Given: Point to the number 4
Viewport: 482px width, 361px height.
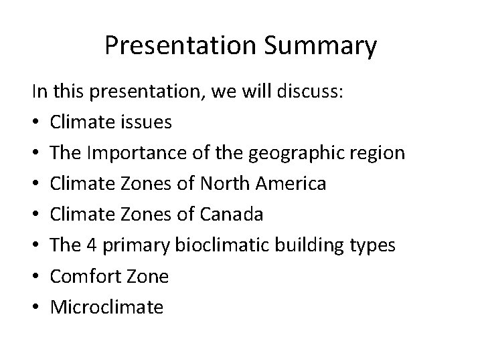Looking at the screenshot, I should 92,245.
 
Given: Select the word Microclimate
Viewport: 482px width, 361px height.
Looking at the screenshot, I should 107,307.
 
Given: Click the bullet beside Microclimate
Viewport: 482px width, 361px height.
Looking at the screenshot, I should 36,307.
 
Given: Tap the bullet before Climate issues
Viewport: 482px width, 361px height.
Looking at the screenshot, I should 36,122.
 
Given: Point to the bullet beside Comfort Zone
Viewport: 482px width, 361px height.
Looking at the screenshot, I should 36,276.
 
